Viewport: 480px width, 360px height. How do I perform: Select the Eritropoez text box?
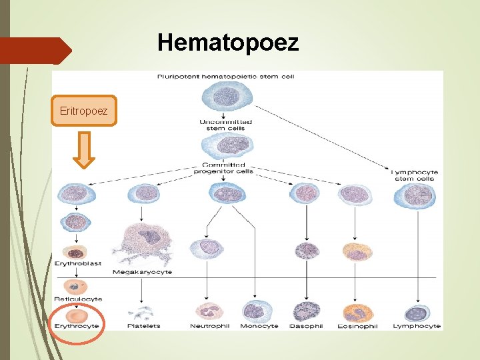click(x=83, y=110)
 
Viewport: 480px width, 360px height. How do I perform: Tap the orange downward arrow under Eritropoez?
click(x=83, y=149)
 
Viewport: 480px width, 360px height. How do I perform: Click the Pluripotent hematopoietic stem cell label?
click(x=225, y=77)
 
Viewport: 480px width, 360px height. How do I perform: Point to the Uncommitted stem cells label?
click(x=226, y=125)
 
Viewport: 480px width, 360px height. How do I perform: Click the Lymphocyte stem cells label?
click(x=414, y=175)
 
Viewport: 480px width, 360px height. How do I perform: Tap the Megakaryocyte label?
click(x=142, y=272)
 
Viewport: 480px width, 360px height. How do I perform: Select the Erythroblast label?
click(x=78, y=264)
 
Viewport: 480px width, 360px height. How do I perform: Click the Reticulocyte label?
click(x=78, y=299)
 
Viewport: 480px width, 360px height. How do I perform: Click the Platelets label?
click(x=145, y=326)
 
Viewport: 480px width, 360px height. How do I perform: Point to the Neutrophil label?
click(x=209, y=326)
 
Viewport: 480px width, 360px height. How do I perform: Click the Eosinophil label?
click(x=358, y=326)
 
